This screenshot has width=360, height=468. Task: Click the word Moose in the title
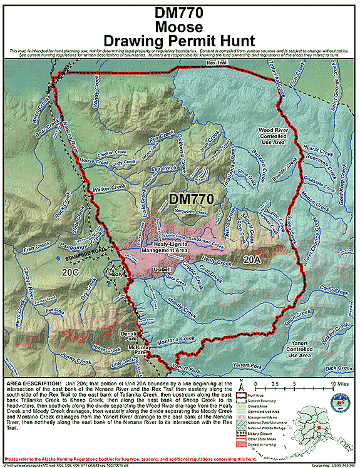(180, 27)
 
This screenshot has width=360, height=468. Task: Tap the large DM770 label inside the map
(192, 199)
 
